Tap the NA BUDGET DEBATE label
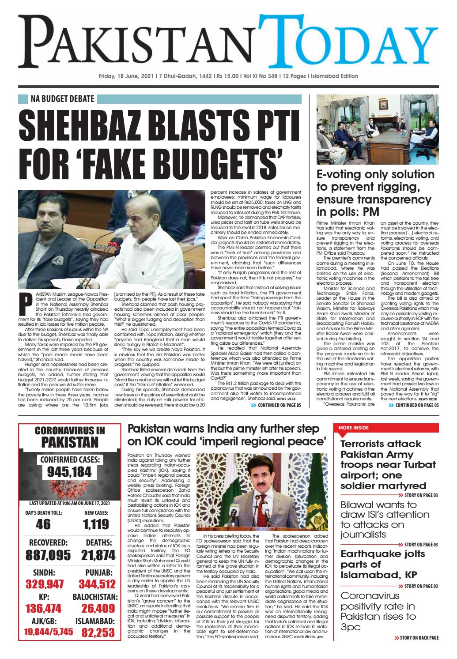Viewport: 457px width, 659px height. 62,98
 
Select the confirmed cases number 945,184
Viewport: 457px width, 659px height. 70,472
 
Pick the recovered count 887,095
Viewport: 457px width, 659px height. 49,555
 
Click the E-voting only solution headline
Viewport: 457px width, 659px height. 376,192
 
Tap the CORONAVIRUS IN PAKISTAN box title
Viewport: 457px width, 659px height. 70,437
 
